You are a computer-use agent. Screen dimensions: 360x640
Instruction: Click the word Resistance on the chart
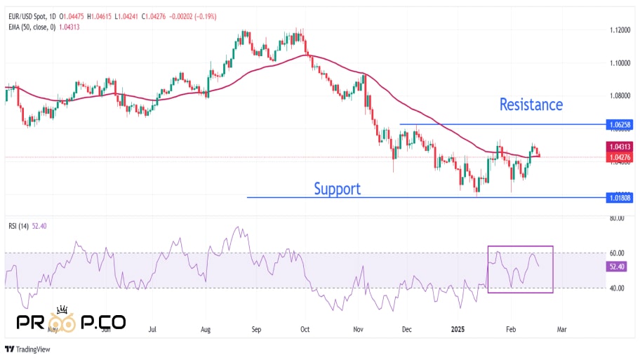coord(531,105)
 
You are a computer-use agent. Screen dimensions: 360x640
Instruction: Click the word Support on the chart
coord(337,188)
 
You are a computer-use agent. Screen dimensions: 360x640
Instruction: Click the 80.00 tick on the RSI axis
coord(617,218)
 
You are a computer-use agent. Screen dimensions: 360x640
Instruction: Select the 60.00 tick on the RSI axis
coord(617,253)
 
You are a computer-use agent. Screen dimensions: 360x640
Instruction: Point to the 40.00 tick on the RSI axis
coord(617,288)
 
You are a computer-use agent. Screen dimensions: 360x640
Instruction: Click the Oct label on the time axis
coord(305,328)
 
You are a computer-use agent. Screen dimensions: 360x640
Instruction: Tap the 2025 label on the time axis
coord(458,328)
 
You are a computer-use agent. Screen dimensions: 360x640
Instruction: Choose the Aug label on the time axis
coord(206,328)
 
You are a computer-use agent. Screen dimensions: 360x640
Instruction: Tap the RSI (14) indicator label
coord(18,226)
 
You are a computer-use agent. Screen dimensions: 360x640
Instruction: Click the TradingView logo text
coord(34,349)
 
